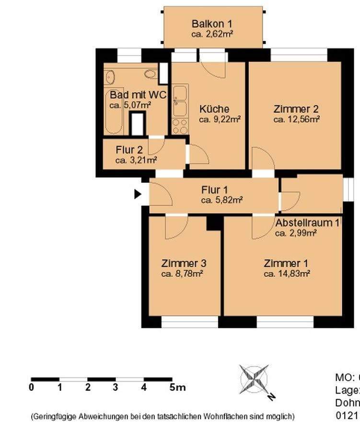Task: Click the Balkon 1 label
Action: [x=212, y=23]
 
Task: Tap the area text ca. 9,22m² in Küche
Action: [x=220, y=119]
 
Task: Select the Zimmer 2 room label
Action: [x=296, y=109]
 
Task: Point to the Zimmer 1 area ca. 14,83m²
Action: [x=287, y=273]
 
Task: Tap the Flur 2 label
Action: [x=129, y=149]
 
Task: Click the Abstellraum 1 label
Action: [x=307, y=223]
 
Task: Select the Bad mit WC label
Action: [x=138, y=95]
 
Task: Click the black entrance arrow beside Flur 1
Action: [x=138, y=194]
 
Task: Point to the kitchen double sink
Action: [x=180, y=101]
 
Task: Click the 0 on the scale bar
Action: [x=32, y=387]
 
